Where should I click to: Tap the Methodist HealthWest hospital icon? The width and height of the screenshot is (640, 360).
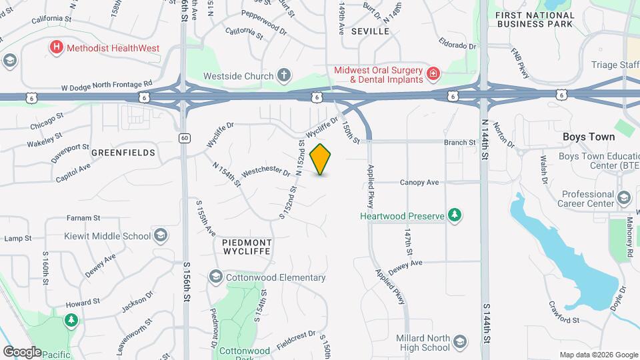pos(57,47)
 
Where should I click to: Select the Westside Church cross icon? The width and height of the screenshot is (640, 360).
pos(284,76)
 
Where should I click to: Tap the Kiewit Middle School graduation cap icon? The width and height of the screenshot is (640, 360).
pos(161,235)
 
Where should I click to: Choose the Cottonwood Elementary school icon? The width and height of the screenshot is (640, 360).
pos(215,277)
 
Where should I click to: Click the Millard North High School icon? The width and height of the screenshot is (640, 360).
pos(459,342)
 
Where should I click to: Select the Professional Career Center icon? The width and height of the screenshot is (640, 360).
pos(623,197)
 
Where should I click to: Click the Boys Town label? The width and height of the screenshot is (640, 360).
pos(588,137)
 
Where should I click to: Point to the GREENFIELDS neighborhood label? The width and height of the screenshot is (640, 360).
pos(123,153)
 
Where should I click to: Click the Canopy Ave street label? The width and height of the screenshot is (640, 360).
pos(419,182)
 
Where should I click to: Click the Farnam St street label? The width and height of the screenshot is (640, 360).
pos(83,217)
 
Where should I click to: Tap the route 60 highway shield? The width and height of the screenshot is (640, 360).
pos(184,137)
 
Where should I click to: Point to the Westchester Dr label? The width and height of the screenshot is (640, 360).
pos(266,173)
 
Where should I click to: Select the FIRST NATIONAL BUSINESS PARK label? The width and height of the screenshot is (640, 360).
pos(534,19)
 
